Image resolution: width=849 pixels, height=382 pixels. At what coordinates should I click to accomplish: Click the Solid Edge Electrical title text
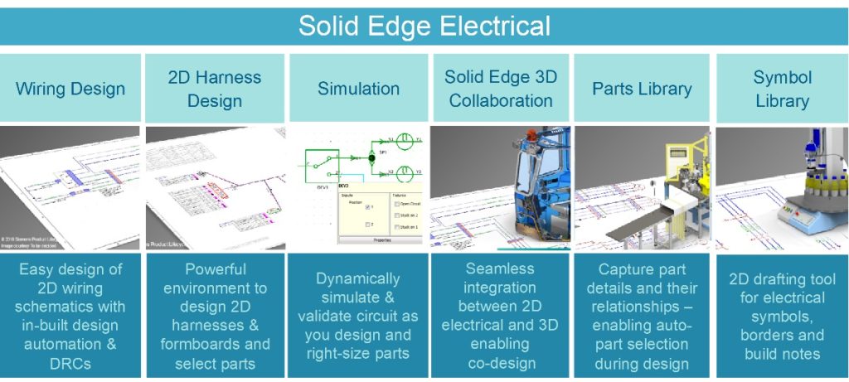(424, 26)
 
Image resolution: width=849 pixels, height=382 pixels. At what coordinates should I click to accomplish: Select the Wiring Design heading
(70, 89)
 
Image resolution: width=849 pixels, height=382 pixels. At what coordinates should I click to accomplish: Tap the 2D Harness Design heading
(214, 89)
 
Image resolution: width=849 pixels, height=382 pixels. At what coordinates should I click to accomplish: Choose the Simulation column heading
(358, 89)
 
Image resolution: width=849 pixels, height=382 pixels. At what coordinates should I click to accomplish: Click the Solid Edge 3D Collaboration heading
(500, 89)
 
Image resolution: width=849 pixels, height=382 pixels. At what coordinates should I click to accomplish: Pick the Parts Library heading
(642, 89)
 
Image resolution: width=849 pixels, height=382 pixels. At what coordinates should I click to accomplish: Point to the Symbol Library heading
(781, 89)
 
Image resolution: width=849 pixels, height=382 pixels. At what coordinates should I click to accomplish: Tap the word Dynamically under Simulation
(358, 279)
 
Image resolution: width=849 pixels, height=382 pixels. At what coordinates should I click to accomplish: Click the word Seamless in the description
(500, 268)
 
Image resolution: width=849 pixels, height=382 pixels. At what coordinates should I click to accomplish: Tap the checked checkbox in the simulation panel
(369, 206)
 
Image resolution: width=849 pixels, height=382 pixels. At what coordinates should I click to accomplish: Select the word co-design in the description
(500, 363)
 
